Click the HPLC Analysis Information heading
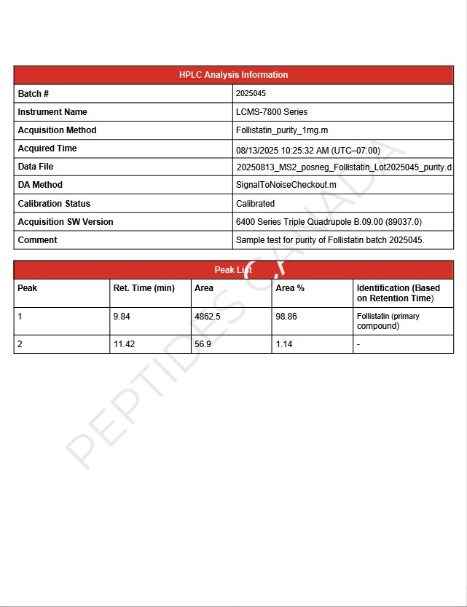(233, 75)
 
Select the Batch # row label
(33, 94)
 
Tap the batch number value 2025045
(251, 94)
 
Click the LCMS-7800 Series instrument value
(272, 112)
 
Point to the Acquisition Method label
(57, 130)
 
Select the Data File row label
(36, 167)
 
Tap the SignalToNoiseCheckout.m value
(286, 185)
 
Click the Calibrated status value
(255, 204)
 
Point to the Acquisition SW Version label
(66, 222)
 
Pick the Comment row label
(37, 240)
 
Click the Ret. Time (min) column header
(144, 288)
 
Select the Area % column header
(290, 288)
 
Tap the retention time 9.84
(122, 317)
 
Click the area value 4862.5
(208, 317)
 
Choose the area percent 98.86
(286, 317)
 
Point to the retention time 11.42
(125, 344)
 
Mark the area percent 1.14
(284, 344)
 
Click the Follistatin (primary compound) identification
(388, 321)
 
